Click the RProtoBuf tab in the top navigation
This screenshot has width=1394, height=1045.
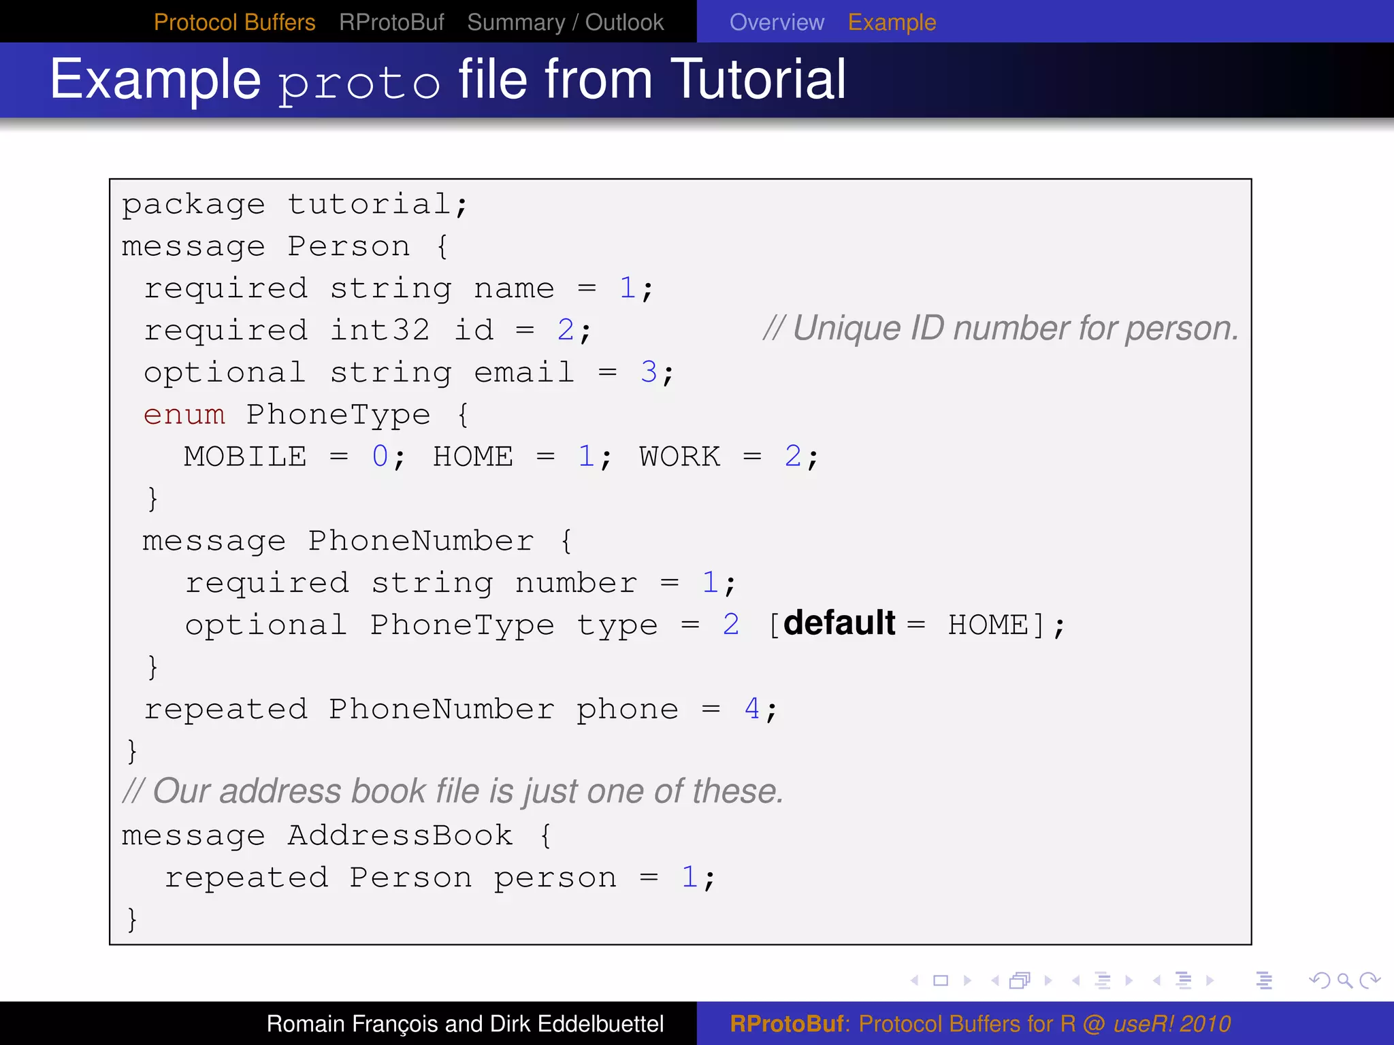pos(391,22)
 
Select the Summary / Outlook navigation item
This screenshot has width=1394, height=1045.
pos(565,22)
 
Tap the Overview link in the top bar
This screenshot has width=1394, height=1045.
pos(777,22)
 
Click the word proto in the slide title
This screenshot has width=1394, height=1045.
pos(359,84)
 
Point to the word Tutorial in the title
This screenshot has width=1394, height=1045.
pos(758,80)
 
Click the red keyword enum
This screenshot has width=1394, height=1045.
pos(184,414)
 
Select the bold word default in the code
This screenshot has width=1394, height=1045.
pos(839,623)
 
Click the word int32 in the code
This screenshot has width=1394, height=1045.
pos(380,331)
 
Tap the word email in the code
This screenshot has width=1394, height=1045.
pos(524,373)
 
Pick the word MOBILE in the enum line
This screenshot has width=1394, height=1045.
pos(246,457)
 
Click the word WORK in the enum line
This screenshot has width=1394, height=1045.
pos(679,457)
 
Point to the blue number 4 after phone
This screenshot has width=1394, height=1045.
pos(751,709)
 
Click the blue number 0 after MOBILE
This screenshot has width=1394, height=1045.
pos(380,457)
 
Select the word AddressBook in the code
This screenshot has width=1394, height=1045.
pos(400,835)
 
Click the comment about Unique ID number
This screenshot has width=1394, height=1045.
pos(1001,329)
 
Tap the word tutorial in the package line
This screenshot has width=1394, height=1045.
pos(369,204)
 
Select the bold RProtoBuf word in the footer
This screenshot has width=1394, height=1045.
pos(787,1024)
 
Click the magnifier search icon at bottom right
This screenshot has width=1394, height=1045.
pos(1344,980)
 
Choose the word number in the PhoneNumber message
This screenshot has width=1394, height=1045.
pos(576,583)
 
